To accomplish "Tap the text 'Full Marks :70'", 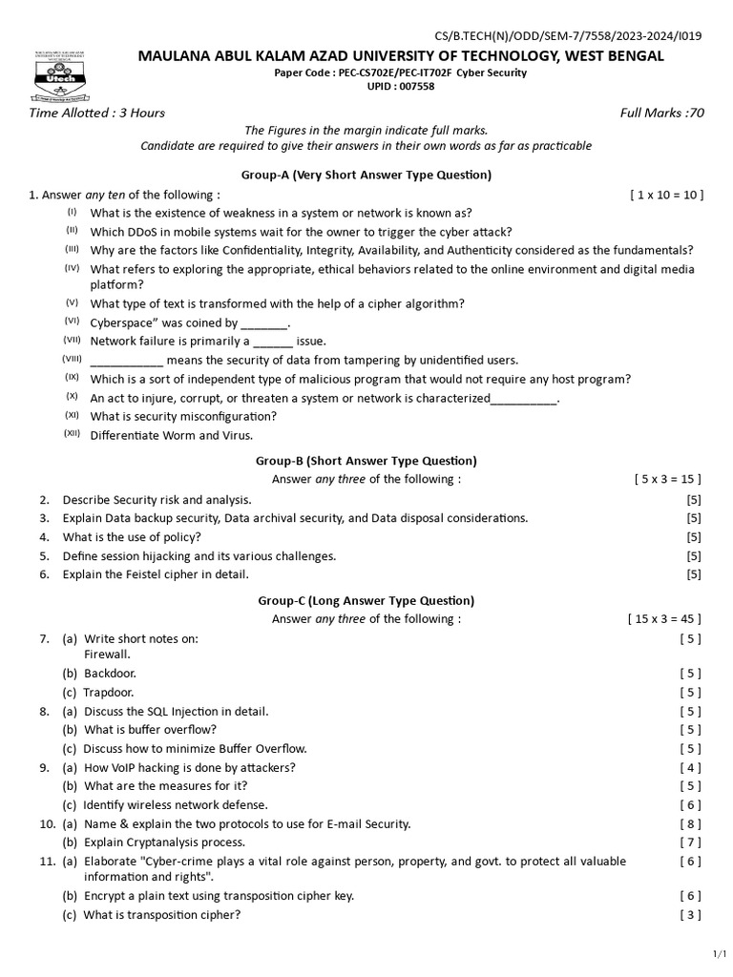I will coord(661,113).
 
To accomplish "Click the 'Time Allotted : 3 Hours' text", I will coord(97,113).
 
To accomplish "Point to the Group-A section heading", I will coord(366,175).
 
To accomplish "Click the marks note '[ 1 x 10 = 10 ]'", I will coord(666,195).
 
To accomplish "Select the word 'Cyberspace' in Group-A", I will coord(121,323).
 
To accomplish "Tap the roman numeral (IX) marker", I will coord(72,378).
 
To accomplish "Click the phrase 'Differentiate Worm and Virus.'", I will coord(172,435).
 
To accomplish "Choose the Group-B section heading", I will coord(366,460).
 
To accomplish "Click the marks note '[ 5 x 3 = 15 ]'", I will coord(668,479).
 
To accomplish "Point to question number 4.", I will coord(44,537).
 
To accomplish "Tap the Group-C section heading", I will coord(366,600).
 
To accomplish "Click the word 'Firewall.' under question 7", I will coord(108,655).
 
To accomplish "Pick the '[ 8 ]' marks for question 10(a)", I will coord(690,823).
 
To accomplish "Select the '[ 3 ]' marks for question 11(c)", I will coord(690,915).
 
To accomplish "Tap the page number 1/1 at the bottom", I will coord(720,953).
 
